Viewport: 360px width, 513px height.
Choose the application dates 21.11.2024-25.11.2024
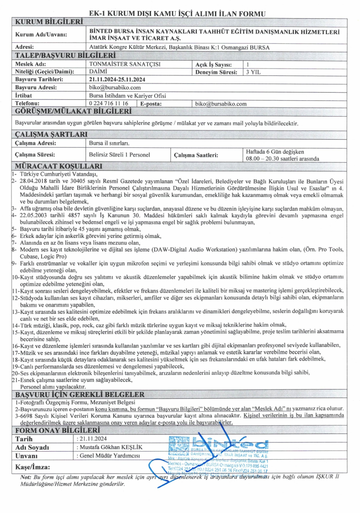click(117, 80)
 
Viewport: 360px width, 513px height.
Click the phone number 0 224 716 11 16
click(108, 103)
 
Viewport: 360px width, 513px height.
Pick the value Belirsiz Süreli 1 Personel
click(120, 155)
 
